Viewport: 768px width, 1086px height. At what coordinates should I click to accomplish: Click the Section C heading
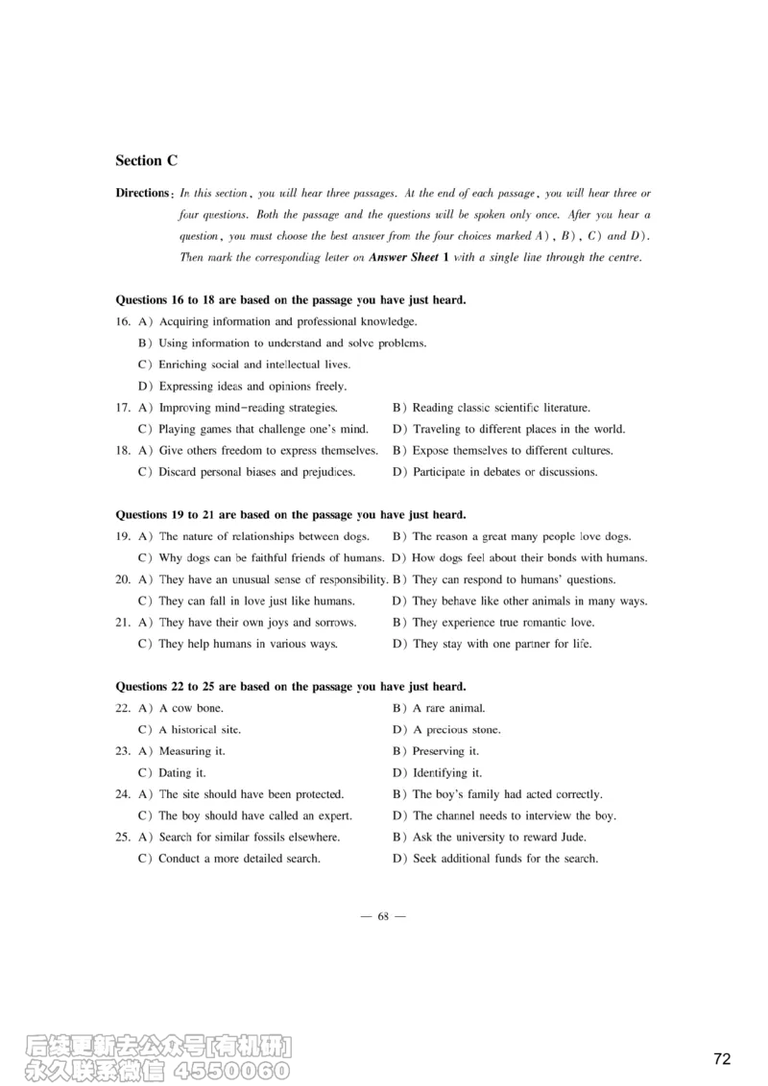[x=146, y=161]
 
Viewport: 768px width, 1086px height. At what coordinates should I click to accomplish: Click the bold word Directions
[x=142, y=193]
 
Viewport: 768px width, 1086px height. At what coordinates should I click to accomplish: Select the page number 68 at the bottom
[x=383, y=916]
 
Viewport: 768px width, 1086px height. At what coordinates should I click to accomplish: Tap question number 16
[x=123, y=322]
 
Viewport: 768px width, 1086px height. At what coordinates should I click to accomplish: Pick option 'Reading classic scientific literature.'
[x=501, y=408]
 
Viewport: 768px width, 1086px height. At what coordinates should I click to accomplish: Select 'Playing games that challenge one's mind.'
[x=263, y=429]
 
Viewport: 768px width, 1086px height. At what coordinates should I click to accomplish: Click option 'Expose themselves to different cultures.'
[x=513, y=451]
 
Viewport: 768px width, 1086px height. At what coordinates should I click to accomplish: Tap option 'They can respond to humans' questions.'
[x=514, y=579]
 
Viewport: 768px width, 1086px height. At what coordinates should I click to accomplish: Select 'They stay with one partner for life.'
[x=502, y=644]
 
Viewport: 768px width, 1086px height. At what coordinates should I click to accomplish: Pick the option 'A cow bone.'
[x=191, y=708]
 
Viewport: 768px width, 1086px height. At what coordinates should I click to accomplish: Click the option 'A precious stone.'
[x=457, y=730]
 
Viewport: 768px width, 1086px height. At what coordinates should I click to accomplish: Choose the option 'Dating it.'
[x=182, y=772]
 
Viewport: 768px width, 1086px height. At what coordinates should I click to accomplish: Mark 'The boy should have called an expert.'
[x=255, y=815]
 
